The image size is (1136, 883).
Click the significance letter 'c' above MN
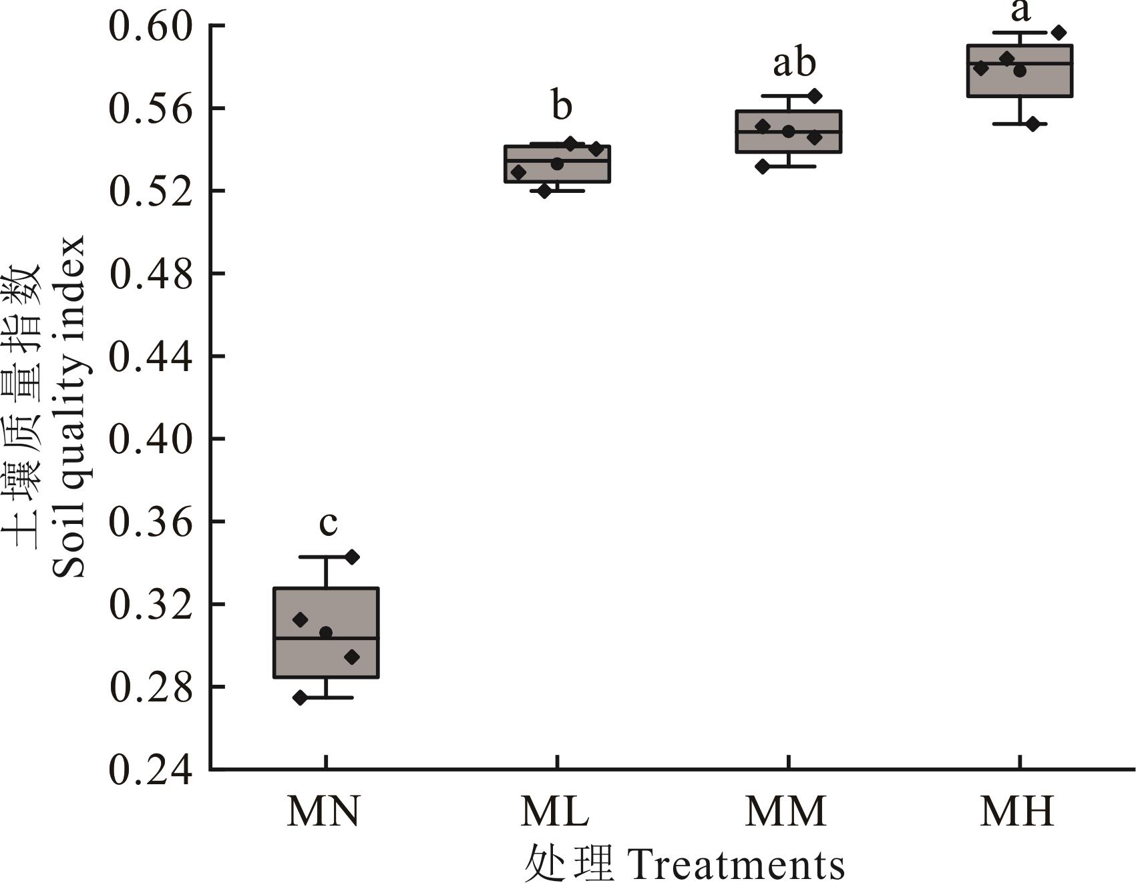pos(328,523)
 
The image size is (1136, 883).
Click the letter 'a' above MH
pos(1020,10)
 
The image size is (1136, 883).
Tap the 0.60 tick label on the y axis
pos(150,26)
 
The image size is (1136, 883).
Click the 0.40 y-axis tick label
pos(150,439)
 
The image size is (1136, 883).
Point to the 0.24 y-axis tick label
pos(150,770)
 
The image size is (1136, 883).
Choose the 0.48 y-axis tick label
pos(150,274)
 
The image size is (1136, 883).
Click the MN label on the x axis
pos(324,812)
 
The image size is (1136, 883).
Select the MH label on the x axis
pos(1017,812)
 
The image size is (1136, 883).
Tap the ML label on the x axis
pos(555,812)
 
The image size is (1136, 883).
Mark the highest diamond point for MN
pos(352,557)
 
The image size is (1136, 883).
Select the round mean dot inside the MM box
pos(789,131)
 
